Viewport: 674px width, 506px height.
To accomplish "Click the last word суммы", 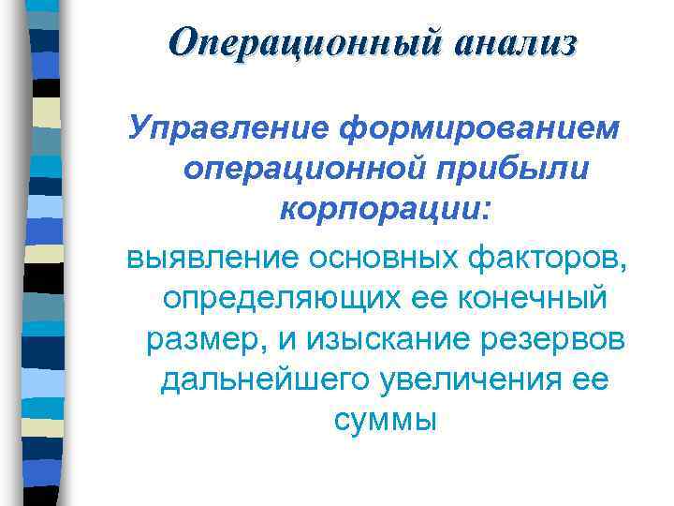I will pyautogui.click(x=385, y=421).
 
